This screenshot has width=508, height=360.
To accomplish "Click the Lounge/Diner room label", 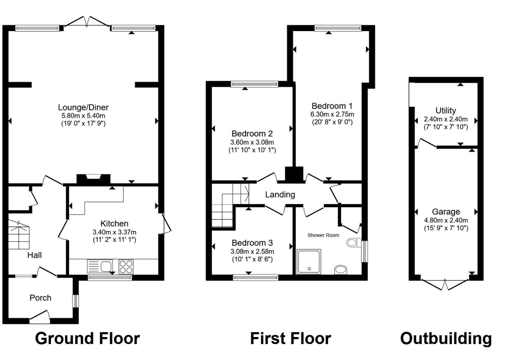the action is pos(83,107).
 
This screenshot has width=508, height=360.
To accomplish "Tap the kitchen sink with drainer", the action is pos(100,266).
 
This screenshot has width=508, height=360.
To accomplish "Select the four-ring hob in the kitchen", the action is pos(126,267).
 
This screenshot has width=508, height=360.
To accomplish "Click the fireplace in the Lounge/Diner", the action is pos(93,179).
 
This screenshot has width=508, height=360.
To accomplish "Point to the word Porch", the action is pos(40,298).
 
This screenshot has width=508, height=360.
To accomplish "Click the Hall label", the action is pos(35,255).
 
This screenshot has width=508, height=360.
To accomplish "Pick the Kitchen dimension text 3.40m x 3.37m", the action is pos(114,232).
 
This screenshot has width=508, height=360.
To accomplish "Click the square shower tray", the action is pos(309,262).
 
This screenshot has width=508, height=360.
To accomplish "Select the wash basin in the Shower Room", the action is pos(341,270).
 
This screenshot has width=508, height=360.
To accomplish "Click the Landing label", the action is pos(280,194).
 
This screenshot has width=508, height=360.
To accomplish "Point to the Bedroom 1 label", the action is pos(332,106).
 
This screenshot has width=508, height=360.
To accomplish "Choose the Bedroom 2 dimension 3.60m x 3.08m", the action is pos(252,142).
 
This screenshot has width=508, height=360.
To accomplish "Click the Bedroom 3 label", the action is pos(252,243).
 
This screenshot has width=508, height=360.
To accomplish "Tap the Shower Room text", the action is pos(323,235).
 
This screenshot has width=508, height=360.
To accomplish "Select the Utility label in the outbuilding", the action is pos(446,111).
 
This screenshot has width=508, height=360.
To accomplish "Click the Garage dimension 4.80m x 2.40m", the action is pos(446,220).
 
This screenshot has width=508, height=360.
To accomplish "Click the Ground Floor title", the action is pos(88,339).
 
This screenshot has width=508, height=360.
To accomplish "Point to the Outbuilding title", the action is pos(446,339).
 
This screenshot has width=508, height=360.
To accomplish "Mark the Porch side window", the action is pos(75,301).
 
